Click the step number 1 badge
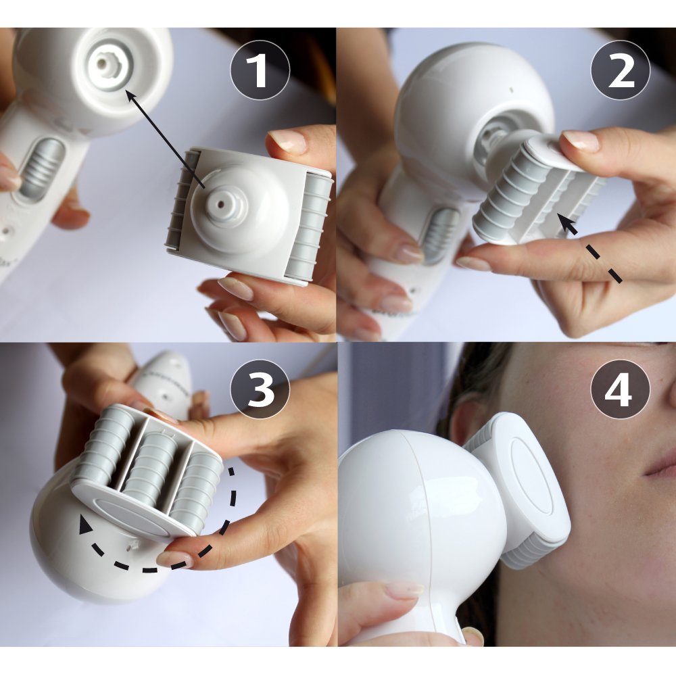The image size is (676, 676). coord(260,70)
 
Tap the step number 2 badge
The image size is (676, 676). coord(621,70)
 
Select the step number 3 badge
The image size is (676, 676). coord(260,389)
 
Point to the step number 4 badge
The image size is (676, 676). coord(621,389)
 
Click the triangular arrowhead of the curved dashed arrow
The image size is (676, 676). coord(85,525)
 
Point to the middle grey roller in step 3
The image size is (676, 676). coord(151,464)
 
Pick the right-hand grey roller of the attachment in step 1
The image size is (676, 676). coord(309,226)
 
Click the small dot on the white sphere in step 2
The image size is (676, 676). coord(511,90)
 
